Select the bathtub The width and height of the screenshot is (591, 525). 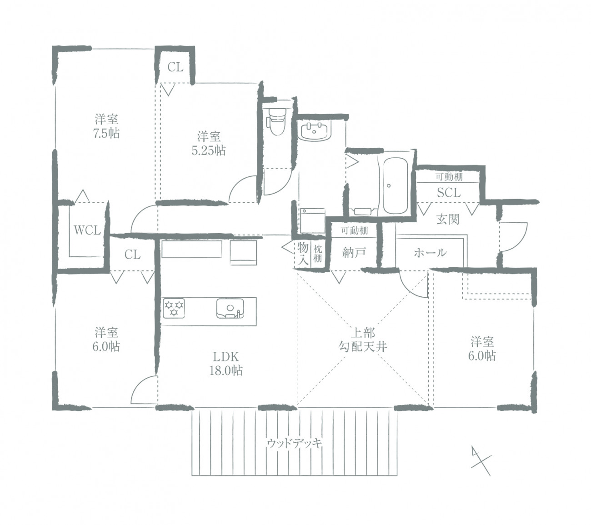[x=395, y=185]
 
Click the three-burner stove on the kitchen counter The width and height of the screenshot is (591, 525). [x=174, y=308]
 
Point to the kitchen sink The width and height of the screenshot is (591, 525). [x=230, y=308]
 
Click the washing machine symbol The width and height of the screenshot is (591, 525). [x=312, y=220]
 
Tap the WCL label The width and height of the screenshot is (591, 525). [x=87, y=230]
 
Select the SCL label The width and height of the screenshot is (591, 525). [x=448, y=193]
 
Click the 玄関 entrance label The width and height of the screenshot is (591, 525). [x=448, y=219]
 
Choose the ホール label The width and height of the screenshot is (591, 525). [x=430, y=253]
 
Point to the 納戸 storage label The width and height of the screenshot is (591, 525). [x=354, y=253]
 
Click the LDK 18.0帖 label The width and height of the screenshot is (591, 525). [x=226, y=363]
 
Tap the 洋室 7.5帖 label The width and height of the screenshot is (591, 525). [x=106, y=126]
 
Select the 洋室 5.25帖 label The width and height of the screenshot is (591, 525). [x=209, y=144]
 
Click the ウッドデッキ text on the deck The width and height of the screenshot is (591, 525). [x=294, y=444]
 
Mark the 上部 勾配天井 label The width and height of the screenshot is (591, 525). [x=363, y=340]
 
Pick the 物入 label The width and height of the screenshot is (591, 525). [x=303, y=254]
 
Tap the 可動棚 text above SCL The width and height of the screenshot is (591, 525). [x=449, y=177]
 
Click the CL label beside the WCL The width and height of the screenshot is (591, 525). [x=132, y=255]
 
